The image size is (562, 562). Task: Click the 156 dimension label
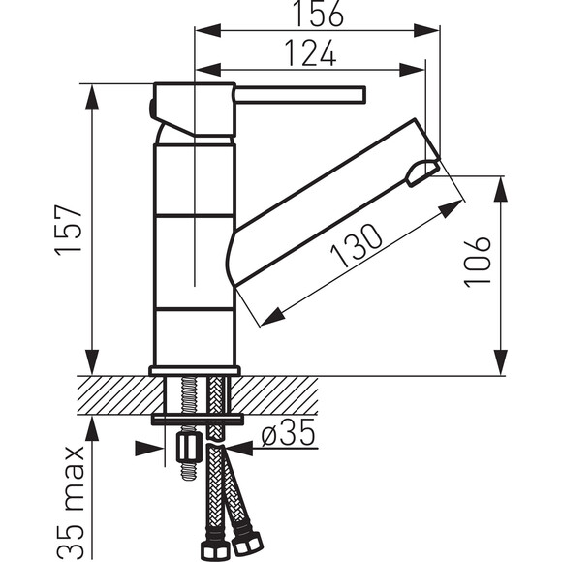[318, 14]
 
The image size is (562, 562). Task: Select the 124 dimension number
[311, 53]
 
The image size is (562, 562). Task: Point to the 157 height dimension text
[69, 230]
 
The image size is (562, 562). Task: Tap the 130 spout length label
[357, 245]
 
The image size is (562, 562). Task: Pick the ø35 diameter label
[288, 432]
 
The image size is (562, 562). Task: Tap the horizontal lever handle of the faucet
[299, 95]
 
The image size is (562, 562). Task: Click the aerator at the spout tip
[422, 173]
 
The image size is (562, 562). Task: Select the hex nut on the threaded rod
[187, 449]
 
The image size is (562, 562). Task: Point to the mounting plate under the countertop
[197, 419]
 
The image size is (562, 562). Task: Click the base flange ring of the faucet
[195, 370]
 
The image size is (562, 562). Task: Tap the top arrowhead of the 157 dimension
[92, 98]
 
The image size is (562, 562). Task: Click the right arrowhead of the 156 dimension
[426, 30]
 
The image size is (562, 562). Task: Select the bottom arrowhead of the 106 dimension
[500, 362]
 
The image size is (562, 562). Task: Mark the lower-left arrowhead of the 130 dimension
[272, 317]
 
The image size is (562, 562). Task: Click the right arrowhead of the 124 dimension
[412, 70]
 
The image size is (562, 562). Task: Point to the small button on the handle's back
[151, 108]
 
